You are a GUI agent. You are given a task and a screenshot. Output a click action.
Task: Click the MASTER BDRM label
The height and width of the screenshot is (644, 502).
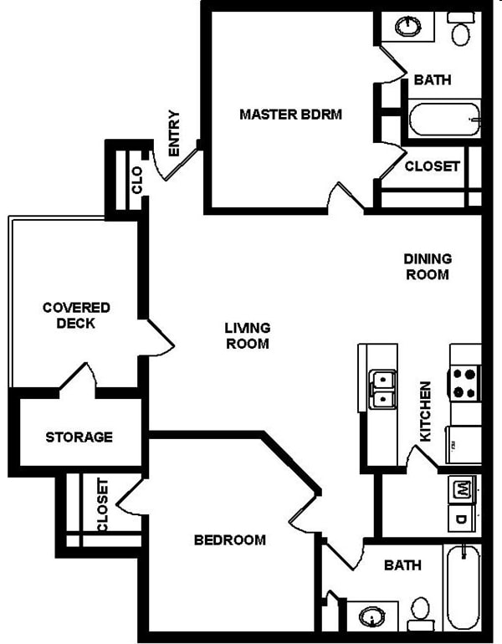click(x=290, y=114)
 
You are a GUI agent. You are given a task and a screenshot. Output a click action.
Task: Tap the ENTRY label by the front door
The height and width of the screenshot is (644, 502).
click(x=174, y=133)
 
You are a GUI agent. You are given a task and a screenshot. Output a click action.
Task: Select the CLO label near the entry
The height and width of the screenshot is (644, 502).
click(x=137, y=179)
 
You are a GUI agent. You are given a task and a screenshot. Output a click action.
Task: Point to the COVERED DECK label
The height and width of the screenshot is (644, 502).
click(x=76, y=315)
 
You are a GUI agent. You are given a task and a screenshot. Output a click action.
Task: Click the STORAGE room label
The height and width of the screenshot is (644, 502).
click(x=79, y=437)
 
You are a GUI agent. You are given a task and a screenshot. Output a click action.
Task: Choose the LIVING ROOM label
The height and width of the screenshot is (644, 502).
click(x=247, y=335)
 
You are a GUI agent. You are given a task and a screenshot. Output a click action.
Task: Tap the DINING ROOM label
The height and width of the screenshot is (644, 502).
click(x=428, y=266)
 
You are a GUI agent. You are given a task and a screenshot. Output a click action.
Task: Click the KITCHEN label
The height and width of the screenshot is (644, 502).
click(x=426, y=412)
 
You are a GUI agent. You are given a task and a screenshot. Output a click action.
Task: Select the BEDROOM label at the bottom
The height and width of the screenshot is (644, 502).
click(x=229, y=539)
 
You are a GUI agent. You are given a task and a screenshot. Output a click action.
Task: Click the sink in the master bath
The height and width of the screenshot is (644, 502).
click(x=408, y=26)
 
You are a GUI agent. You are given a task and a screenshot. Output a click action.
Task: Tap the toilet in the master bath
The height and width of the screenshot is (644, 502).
click(x=460, y=32)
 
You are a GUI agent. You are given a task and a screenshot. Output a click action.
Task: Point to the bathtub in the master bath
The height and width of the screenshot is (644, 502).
click(x=444, y=120)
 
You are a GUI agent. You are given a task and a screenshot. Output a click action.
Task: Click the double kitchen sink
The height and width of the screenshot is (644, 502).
click(x=383, y=389)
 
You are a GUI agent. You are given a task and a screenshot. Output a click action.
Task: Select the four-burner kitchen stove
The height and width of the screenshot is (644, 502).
click(x=464, y=382)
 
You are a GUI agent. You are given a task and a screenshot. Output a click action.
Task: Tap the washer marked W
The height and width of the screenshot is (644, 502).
click(x=462, y=490)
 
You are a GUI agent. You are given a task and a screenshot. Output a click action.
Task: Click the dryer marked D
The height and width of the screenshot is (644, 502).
click(x=462, y=519)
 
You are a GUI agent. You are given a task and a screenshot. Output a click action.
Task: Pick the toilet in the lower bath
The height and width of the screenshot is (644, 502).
click(x=419, y=613)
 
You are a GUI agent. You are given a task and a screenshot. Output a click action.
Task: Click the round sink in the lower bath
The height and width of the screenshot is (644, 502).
click(x=370, y=617)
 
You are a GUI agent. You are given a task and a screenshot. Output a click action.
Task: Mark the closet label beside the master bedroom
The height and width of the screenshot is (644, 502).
click(x=432, y=166)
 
